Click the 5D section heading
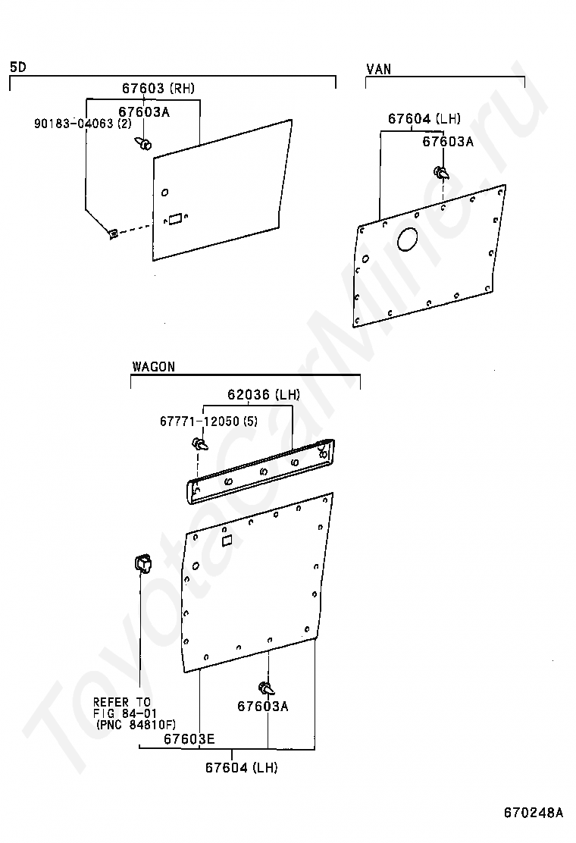17,67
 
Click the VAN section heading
379,69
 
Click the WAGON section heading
153,367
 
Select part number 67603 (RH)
158,89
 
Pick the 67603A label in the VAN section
448,141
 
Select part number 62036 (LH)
264,395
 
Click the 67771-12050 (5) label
208,421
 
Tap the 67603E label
189,738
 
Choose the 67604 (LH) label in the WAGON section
241,768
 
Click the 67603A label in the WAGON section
263,707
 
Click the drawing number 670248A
534,813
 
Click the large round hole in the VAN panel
408,239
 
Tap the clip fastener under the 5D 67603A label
144,142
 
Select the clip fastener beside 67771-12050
201,443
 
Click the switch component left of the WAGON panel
142,563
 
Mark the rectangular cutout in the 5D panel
175,218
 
